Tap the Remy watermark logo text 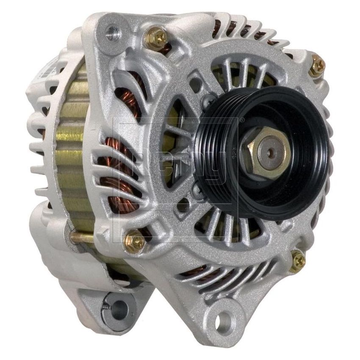point(178,161)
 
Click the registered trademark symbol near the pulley point(242,120)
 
